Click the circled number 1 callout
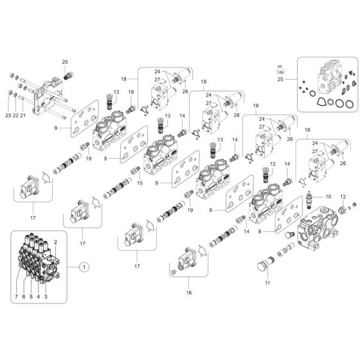[x=83, y=265]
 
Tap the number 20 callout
[x=64, y=62]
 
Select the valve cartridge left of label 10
[x=313, y=200]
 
